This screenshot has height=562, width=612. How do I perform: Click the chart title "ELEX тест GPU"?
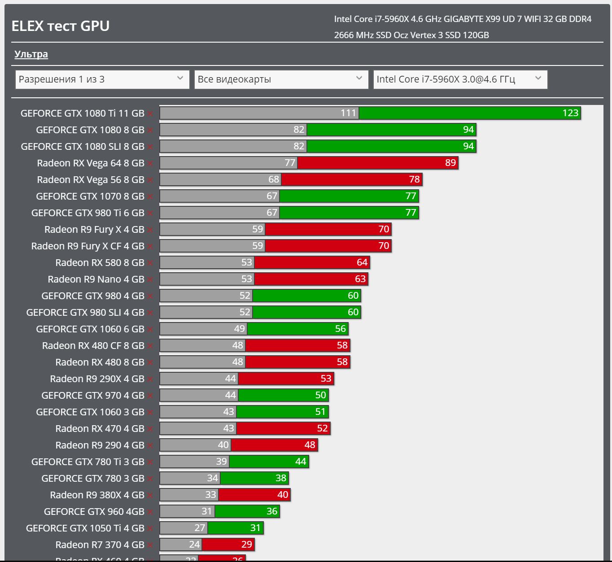point(61,26)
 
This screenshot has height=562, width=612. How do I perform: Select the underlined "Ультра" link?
point(31,54)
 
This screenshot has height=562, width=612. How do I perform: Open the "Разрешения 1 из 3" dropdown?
point(102,79)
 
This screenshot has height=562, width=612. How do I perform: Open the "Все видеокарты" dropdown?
point(281,79)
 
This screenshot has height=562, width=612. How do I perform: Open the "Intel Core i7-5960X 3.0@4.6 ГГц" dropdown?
point(460,79)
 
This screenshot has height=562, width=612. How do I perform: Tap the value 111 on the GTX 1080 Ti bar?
point(348,113)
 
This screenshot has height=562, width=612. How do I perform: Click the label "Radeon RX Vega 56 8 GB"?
point(91,180)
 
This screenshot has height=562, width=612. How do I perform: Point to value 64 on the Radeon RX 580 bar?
point(362,262)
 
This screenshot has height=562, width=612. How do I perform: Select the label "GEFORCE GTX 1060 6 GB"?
point(90,329)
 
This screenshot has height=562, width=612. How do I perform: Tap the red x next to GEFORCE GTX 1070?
point(150,197)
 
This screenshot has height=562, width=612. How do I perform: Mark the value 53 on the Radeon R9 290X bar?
point(326,379)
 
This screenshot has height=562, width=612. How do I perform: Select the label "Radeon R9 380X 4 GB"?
point(97,495)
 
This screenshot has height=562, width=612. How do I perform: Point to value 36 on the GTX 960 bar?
point(272,511)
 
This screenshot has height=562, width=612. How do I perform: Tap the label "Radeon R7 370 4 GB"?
point(100,545)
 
